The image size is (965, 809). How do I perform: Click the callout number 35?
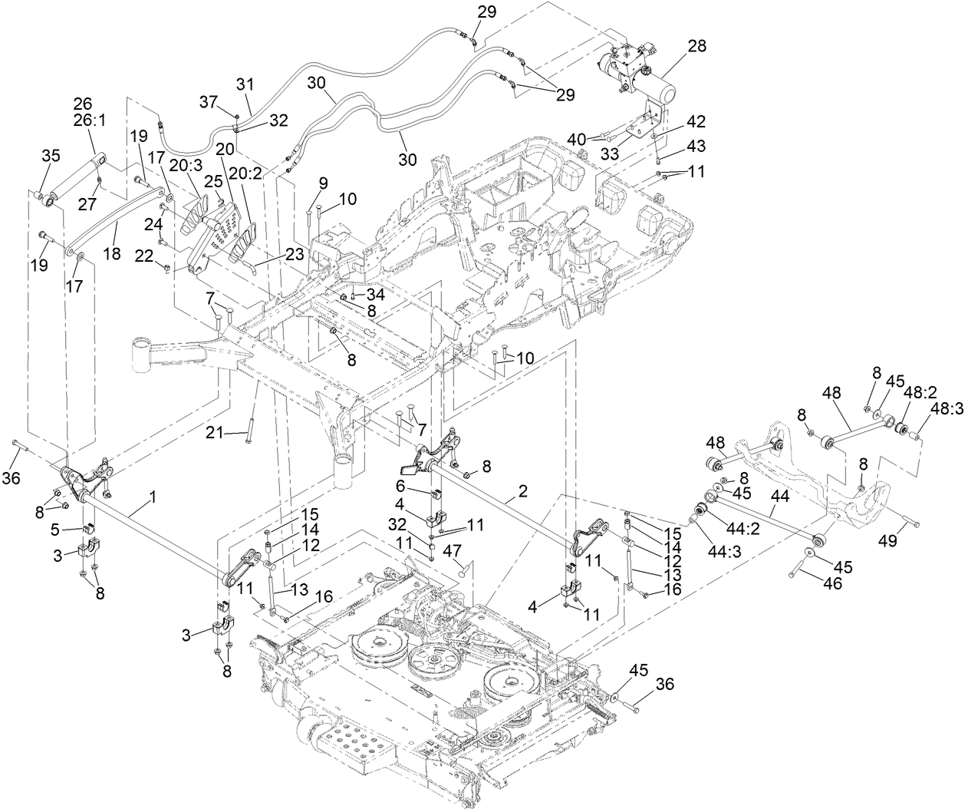click(x=50, y=156)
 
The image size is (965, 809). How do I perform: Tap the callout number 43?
click(x=695, y=147)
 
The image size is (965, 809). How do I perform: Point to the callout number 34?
click(x=375, y=293)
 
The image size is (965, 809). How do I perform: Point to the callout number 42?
click(x=695, y=121)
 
